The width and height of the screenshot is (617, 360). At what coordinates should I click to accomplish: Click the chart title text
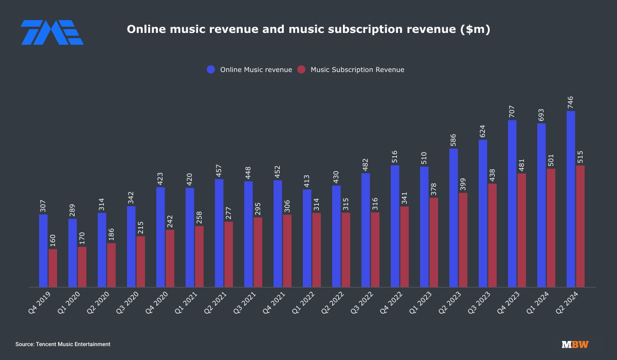[308, 30]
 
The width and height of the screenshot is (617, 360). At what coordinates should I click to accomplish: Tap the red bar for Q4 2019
[53, 268]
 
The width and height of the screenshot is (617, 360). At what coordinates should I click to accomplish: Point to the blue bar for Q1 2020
[72, 253]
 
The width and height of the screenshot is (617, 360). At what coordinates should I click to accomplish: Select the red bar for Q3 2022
[375, 249]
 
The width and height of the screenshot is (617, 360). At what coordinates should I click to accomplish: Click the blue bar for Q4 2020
[160, 237]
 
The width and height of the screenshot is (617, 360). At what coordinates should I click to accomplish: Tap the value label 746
[571, 101]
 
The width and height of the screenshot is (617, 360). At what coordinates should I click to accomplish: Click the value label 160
[53, 241]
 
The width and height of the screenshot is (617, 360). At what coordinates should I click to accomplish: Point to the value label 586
[453, 139]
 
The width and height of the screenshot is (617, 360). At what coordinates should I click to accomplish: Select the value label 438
[493, 175]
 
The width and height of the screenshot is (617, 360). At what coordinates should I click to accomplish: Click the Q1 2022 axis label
[302, 304]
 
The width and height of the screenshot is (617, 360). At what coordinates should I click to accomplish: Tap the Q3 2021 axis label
[244, 304]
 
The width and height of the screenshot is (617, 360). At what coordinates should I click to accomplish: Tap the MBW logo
[575, 345]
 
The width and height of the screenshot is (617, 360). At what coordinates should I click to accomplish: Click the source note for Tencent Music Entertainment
[63, 344]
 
